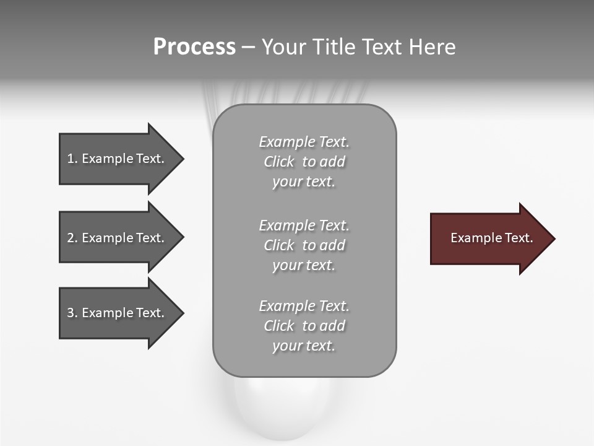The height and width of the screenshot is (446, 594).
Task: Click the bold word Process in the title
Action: (x=194, y=47)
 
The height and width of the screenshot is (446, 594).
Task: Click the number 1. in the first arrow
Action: (x=72, y=159)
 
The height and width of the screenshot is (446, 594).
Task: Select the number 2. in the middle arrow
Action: (x=72, y=238)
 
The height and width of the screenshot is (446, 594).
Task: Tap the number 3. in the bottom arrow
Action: (x=72, y=313)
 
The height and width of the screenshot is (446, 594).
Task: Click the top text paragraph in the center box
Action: (x=304, y=162)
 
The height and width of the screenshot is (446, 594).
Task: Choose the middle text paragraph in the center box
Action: (x=304, y=245)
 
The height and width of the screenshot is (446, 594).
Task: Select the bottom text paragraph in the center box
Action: (x=304, y=326)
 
